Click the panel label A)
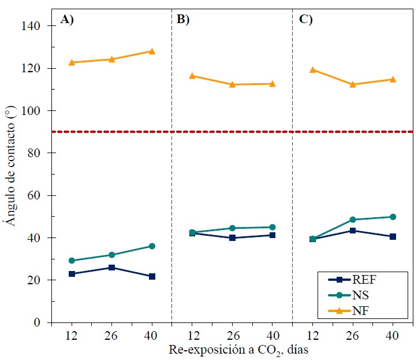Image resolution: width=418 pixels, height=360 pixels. point(68,20)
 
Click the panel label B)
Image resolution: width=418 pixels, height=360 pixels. point(183,20)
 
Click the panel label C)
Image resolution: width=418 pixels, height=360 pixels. point(305,20)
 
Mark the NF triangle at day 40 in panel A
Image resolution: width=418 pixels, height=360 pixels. point(152,51)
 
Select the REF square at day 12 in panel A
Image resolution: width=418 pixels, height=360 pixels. point(72,274)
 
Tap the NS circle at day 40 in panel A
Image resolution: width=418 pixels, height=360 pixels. point(152,246)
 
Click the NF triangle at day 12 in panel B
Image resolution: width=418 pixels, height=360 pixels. point(192,76)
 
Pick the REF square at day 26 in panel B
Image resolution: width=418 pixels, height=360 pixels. point(232,238)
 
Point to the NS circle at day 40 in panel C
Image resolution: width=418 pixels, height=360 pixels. point(393,217)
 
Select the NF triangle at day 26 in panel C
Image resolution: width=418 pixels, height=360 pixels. point(352,84)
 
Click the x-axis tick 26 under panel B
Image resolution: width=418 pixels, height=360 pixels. point(232,335)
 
